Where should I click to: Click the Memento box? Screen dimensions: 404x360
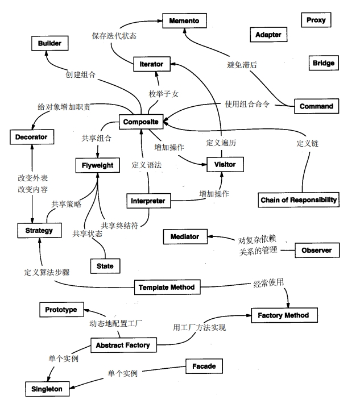184,21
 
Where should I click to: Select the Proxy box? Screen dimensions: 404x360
316,20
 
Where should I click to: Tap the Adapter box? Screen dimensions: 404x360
268,35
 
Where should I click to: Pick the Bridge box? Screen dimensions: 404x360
323,63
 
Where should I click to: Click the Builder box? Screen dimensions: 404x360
49,43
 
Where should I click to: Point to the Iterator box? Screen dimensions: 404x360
151,65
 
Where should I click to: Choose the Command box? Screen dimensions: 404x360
316,106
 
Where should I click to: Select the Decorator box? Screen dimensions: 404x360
32,137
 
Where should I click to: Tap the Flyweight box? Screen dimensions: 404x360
98,165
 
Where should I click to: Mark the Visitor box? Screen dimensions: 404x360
221,164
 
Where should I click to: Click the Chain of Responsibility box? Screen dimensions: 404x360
299,199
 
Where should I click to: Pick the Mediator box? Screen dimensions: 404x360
184,236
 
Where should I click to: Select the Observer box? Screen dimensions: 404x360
317,250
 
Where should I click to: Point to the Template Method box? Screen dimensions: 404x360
166,287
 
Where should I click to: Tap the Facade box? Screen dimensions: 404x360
204,366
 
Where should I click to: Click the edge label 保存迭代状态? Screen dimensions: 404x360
114,35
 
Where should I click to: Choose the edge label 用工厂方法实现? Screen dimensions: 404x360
200,327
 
